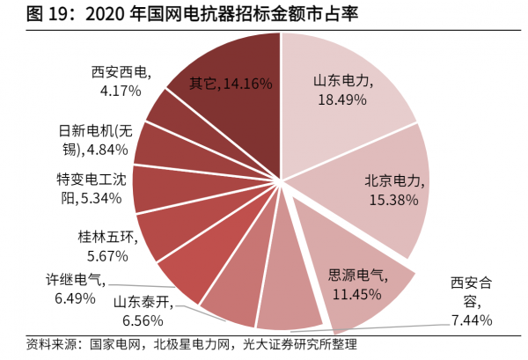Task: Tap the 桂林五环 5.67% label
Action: [104, 246]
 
